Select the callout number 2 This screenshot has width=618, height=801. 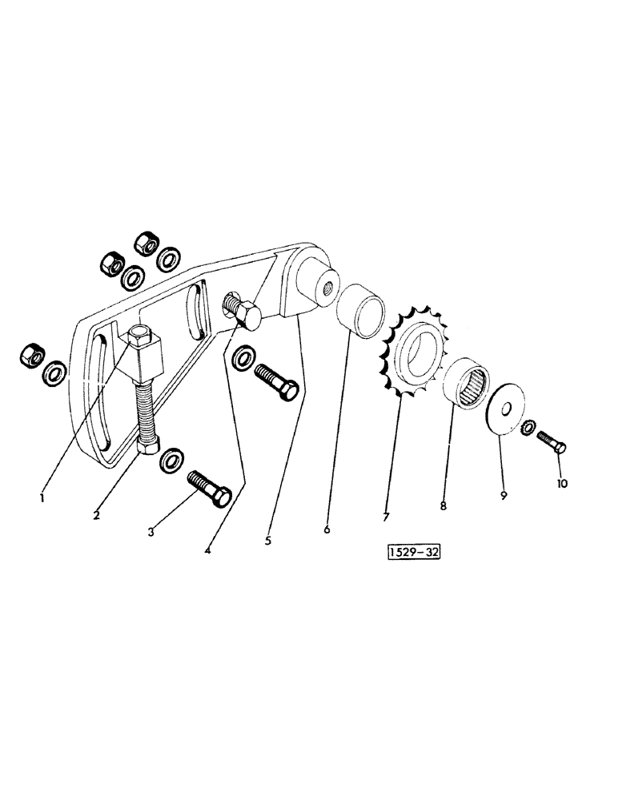tap(96, 515)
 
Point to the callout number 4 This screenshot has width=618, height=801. tap(208, 550)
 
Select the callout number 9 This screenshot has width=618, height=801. tap(504, 496)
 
